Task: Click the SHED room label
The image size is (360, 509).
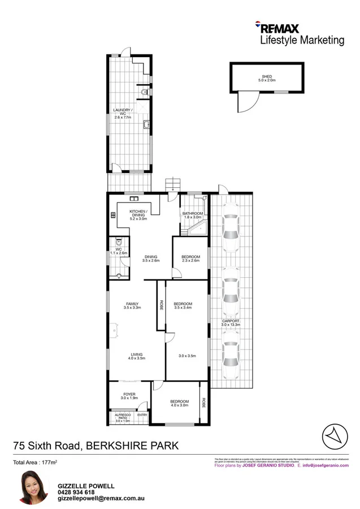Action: click(267, 76)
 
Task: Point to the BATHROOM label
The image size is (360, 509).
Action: click(192, 213)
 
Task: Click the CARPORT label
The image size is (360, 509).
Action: click(231, 321)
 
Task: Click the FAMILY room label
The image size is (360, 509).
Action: click(132, 304)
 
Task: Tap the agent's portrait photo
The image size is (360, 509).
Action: click(32, 486)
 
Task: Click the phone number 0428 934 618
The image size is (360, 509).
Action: click(76, 492)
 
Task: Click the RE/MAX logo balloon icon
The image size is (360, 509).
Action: click(258, 25)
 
